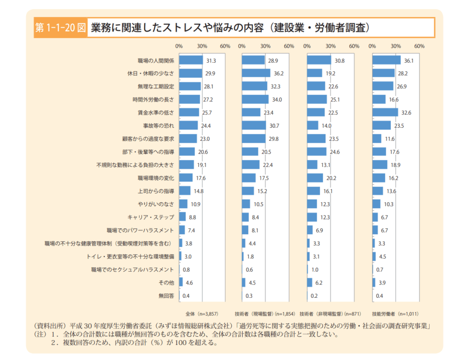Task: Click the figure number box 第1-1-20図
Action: [60, 27]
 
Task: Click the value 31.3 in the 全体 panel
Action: [211, 60]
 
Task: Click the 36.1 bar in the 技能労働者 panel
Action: [386, 60]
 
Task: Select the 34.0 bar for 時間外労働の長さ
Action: [255, 99]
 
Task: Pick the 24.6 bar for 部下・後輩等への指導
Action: [317, 151]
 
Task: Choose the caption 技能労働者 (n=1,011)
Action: [396, 314]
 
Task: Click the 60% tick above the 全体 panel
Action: [225, 46]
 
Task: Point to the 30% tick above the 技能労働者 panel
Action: [396, 46]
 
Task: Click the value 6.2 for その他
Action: [319, 283]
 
